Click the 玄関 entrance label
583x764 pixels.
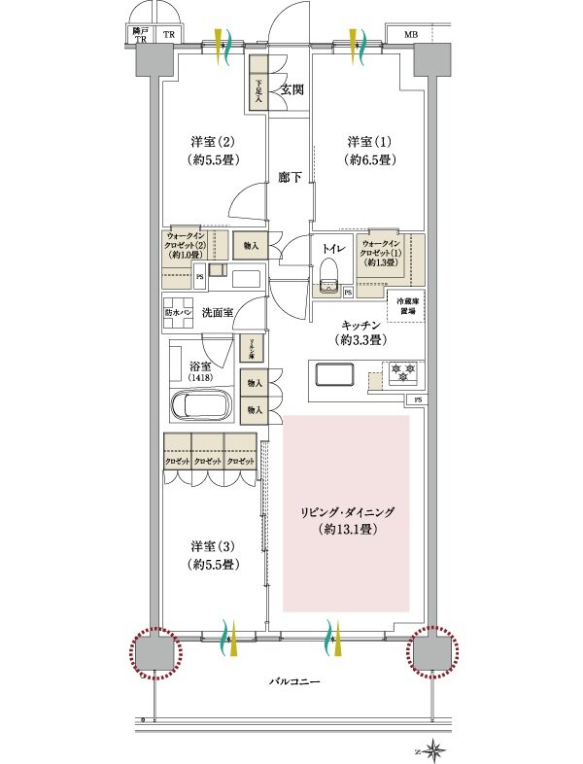(x=291, y=89)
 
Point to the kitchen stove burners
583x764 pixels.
(x=401, y=371)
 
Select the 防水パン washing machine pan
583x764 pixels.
(x=179, y=312)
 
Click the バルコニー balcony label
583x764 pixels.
(x=294, y=682)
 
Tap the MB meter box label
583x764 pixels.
(x=411, y=36)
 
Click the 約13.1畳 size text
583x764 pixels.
(x=346, y=530)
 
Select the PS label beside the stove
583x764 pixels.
(x=418, y=399)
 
